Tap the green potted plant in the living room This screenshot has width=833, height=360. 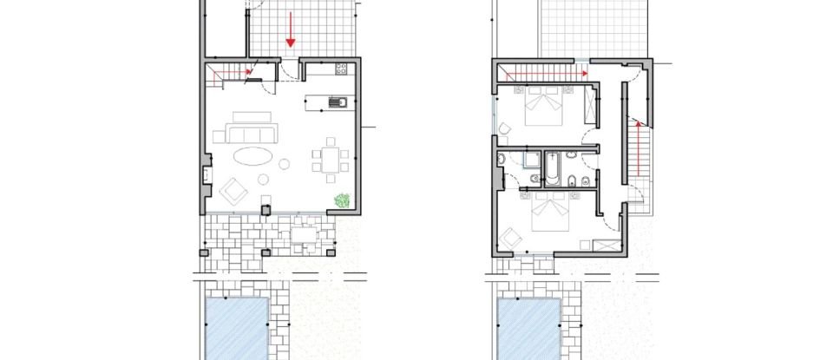pyautogui.click(x=342, y=201)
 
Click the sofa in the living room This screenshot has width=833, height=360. pyautogui.click(x=251, y=133)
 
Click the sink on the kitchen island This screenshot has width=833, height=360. pyautogui.click(x=337, y=103)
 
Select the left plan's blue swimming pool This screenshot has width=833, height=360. pyautogui.click(x=237, y=326)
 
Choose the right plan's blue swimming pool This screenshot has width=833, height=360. pyautogui.click(x=528, y=326)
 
